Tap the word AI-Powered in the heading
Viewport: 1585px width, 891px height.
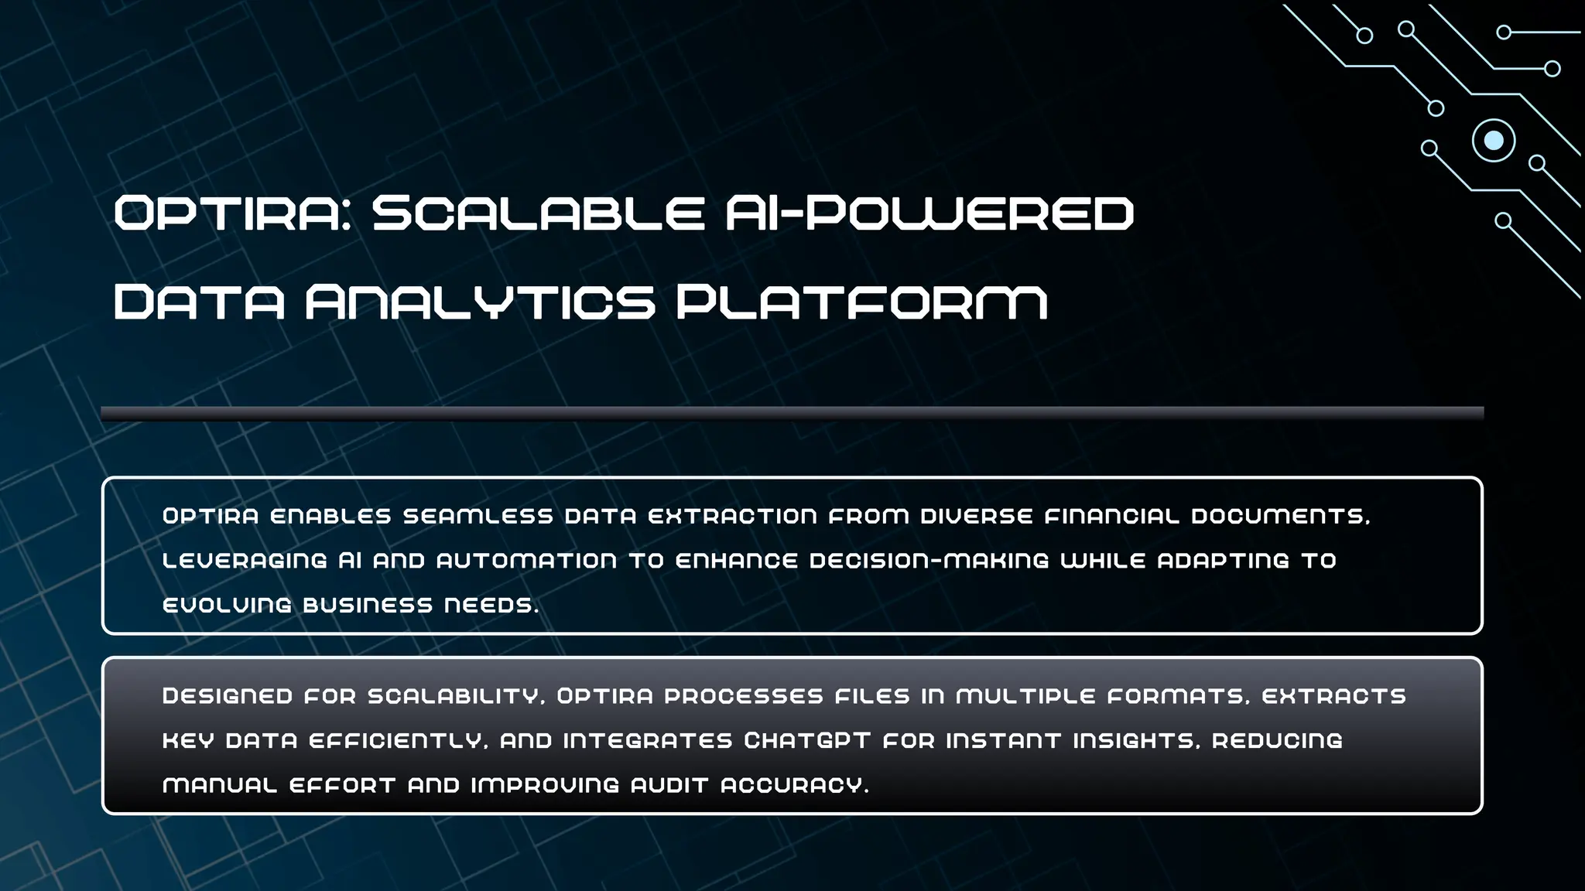click(929, 213)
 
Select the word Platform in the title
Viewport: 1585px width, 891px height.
click(861, 302)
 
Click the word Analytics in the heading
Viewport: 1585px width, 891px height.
click(480, 302)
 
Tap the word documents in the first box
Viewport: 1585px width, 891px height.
click(1280, 516)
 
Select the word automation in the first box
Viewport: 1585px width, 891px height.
click(526, 561)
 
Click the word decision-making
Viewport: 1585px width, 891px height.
click(929, 561)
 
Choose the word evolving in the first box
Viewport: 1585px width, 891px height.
click(227, 605)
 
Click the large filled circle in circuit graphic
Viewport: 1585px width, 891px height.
click(1494, 141)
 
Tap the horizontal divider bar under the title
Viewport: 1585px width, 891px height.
click(792, 413)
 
